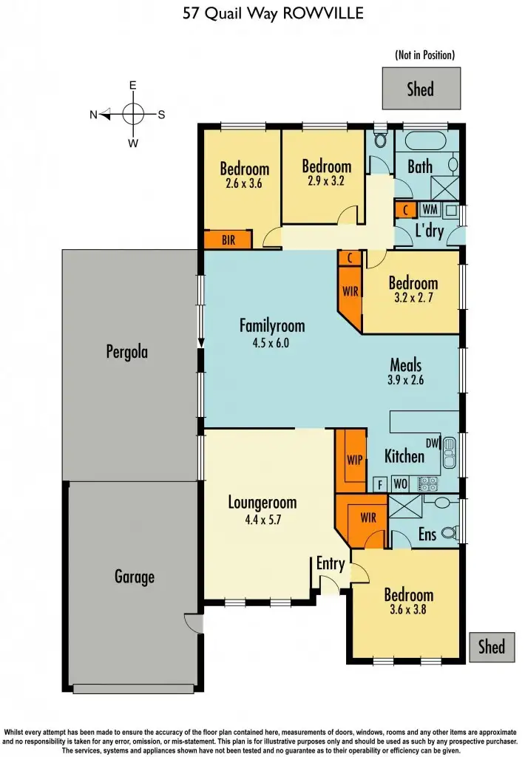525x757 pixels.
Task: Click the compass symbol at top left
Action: click(x=133, y=114)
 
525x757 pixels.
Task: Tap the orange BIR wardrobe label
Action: click(x=228, y=240)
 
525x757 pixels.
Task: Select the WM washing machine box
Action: click(x=430, y=210)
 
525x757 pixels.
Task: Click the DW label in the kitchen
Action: click(x=433, y=444)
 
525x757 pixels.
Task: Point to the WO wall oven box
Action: click(x=399, y=484)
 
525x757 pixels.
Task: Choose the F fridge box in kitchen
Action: click(x=379, y=484)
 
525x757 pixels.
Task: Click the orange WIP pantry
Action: click(x=354, y=458)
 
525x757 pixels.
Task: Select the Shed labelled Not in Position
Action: click(x=421, y=89)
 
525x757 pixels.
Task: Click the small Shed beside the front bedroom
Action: click(x=491, y=647)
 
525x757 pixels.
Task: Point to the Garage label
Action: click(x=135, y=576)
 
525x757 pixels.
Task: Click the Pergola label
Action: click(x=126, y=352)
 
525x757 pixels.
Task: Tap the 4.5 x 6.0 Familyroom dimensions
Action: click(x=271, y=342)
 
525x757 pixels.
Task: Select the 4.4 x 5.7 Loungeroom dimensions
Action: click(x=262, y=520)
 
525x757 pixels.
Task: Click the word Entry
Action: click(x=331, y=564)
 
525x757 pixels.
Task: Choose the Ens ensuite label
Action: click(x=427, y=533)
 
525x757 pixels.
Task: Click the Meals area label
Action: click(x=406, y=364)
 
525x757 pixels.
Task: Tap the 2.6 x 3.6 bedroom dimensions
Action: click(x=244, y=186)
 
